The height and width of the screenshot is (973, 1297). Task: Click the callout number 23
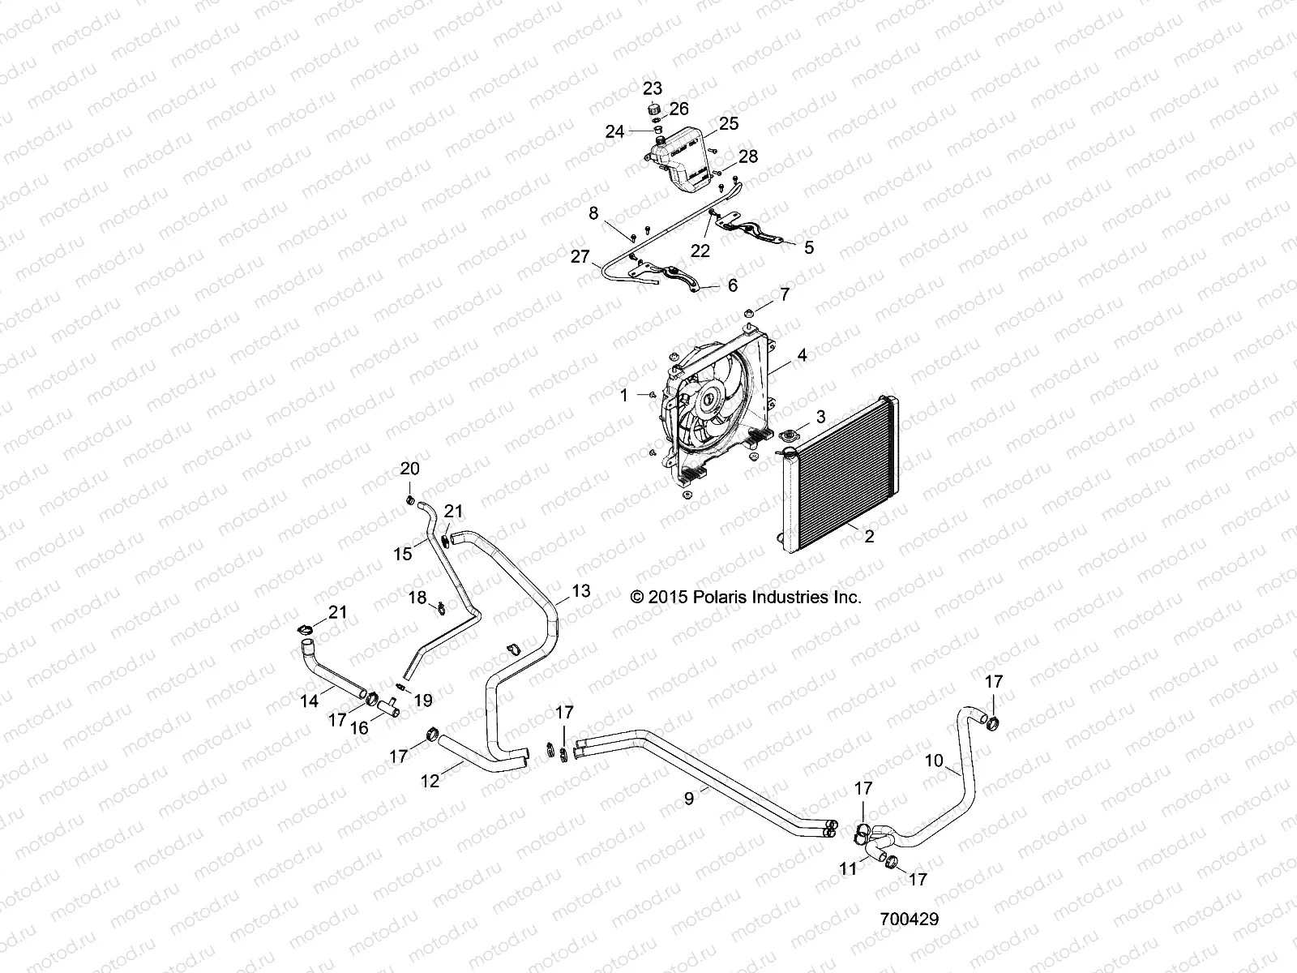[653, 88]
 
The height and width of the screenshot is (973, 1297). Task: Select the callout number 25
[729, 123]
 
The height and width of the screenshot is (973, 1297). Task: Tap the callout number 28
[747, 156]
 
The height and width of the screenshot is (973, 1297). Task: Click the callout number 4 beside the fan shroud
[802, 354]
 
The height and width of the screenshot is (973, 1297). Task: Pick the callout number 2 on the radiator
[869, 536]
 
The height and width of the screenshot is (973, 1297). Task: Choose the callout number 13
[581, 590]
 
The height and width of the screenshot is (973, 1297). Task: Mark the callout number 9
[689, 798]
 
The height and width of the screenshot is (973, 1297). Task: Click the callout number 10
[934, 761]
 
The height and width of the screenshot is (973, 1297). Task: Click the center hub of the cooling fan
[708, 398]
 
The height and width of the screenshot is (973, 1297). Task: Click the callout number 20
[410, 469]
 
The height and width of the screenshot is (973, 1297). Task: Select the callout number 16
[359, 727]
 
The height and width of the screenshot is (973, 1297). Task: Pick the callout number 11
[848, 868]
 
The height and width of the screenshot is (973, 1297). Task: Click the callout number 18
[417, 598]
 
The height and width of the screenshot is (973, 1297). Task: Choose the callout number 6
[733, 285]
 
